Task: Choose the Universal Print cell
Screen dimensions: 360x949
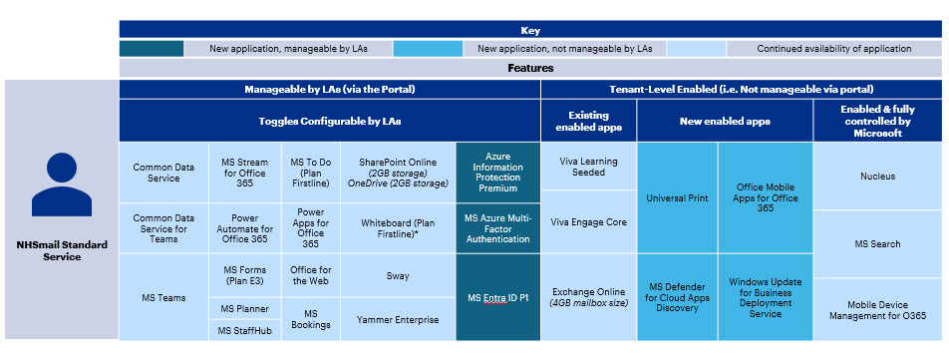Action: pyautogui.click(x=677, y=197)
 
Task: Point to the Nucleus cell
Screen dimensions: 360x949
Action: pyautogui.click(x=877, y=177)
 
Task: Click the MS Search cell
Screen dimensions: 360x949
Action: pyautogui.click(x=877, y=243)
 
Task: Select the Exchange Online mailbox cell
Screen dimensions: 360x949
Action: pyautogui.click(x=588, y=297)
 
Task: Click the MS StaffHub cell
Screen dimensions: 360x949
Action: pyautogui.click(x=243, y=331)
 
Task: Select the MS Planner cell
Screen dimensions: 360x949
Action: pyautogui.click(x=243, y=309)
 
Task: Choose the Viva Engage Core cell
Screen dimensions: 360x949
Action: pyautogui.click(x=588, y=221)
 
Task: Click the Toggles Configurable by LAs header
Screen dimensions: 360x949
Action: pyautogui.click(x=329, y=121)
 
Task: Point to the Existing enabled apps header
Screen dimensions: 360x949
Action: pyautogui.click(x=588, y=121)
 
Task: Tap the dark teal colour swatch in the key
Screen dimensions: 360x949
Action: pyautogui.click(x=152, y=48)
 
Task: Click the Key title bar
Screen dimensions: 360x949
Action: pyautogui.click(x=530, y=30)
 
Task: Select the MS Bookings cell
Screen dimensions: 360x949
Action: pyautogui.click(x=311, y=319)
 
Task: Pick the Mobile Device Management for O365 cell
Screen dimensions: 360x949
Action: pyautogui.click(x=877, y=310)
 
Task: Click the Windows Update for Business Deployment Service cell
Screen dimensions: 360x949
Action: pyautogui.click(x=765, y=297)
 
